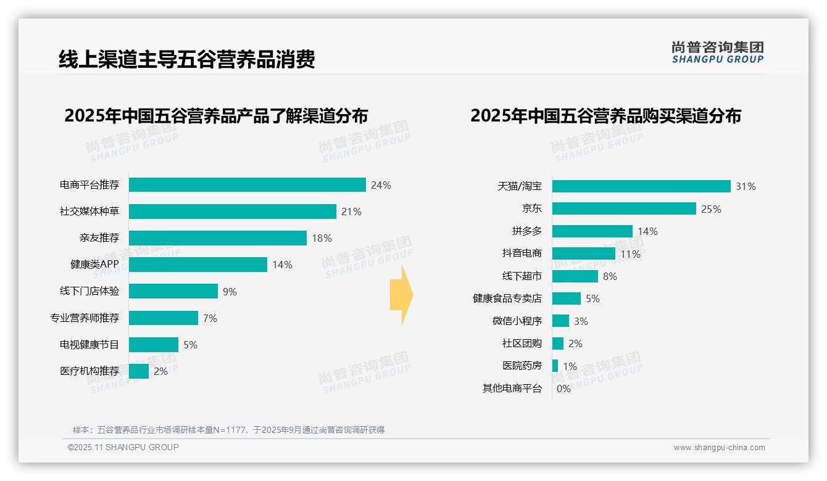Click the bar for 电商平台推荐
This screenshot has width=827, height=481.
pyautogui.click(x=247, y=185)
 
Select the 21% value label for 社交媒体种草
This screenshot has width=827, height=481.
pyautogui.click(x=351, y=212)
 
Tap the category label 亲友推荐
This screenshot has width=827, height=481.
pyautogui.click(x=99, y=238)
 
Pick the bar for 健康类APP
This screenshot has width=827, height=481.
pyautogui.click(x=197, y=265)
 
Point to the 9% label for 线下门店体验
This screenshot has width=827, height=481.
pyautogui.click(x=230, y=292)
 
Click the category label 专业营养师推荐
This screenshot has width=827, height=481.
pyautogui.click(x=85, y=318)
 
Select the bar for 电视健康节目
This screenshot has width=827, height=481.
pyautogui.click(x=153, y=345)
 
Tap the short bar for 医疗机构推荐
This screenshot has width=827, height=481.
pyautogui.click(x=139, y=371)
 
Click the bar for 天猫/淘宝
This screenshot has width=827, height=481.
pyautogui.click(x=641, y=186)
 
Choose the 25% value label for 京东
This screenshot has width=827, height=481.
pyautogui.click(x=711, y=209)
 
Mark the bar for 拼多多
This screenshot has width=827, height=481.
pyautogui.click(x=592, y=231)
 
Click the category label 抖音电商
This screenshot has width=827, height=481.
pyautogui.click(x=522, y=253)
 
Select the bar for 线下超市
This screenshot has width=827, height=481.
pyautogui.click(x=575, y=276)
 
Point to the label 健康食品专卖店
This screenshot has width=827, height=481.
pyautogui.click(x=507, y=298)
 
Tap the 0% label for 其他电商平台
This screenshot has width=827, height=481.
pyautogui.click(x=563, y=388)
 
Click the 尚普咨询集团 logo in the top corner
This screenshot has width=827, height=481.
pyautogui.click(x=717, y=52)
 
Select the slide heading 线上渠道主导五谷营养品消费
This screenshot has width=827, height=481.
pyautogui.click(x=186, y=59)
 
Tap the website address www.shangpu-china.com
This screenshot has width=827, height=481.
pyautogui.click(x=719, y=448)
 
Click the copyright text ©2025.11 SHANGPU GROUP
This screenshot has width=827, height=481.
pyautogui.click(x=123, y=447)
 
